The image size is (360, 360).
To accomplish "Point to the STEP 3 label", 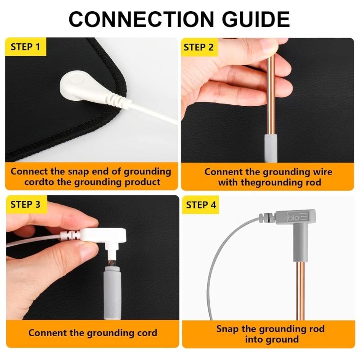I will pos(25,204).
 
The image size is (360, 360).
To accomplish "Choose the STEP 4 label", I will pos(201,205).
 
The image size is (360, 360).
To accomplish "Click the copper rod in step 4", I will pos(300,292).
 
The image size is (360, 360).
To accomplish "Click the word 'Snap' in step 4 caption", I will pos(227,328).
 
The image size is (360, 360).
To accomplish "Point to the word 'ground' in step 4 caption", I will pos(284,339).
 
